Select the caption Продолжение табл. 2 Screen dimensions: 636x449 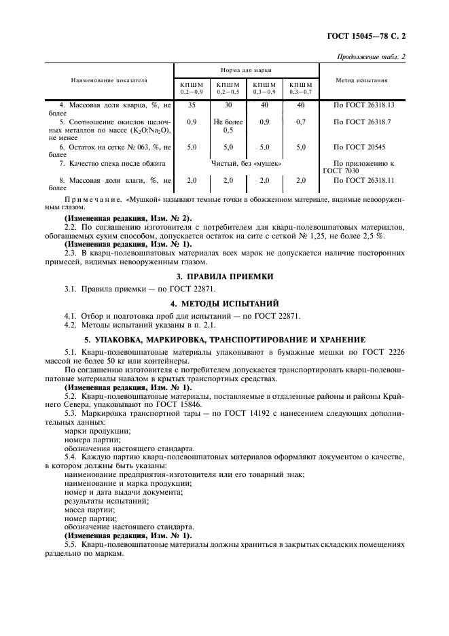pos(371,56)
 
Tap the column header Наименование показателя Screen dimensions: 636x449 pos(109,80)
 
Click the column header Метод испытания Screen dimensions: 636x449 pos(362,80)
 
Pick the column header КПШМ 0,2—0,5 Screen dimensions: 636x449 pos(228,88)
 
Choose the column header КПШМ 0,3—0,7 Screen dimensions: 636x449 pos(301,88)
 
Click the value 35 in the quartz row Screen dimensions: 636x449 pos(192,105)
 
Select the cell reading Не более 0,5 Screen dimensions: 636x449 pos(228,125)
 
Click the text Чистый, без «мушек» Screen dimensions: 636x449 pos(246,164)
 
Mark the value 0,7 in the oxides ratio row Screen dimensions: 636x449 pos(301,121)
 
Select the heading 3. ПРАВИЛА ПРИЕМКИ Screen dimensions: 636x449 pos(224,277)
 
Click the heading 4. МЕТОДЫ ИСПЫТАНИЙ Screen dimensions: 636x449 pos(224,303)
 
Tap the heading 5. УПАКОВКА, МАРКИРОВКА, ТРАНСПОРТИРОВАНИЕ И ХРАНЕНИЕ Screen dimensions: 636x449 pos(224,338)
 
